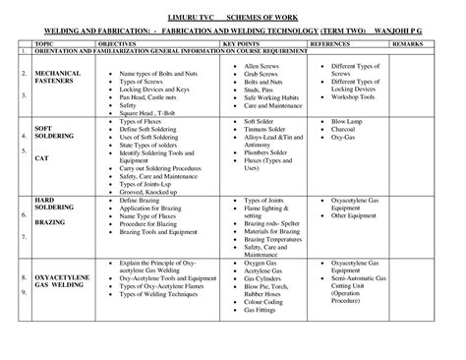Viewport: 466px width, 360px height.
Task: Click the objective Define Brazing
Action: [138, 200]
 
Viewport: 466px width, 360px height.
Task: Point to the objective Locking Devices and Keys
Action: [152, 89]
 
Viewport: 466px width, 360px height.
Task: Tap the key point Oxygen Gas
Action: [261, 265]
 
